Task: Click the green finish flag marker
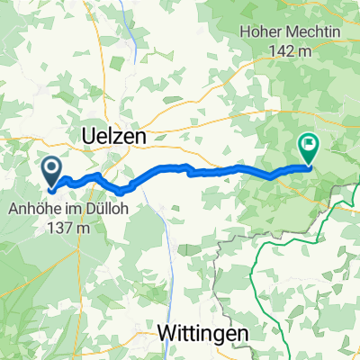pyautogui.click(x=308, y=147)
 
